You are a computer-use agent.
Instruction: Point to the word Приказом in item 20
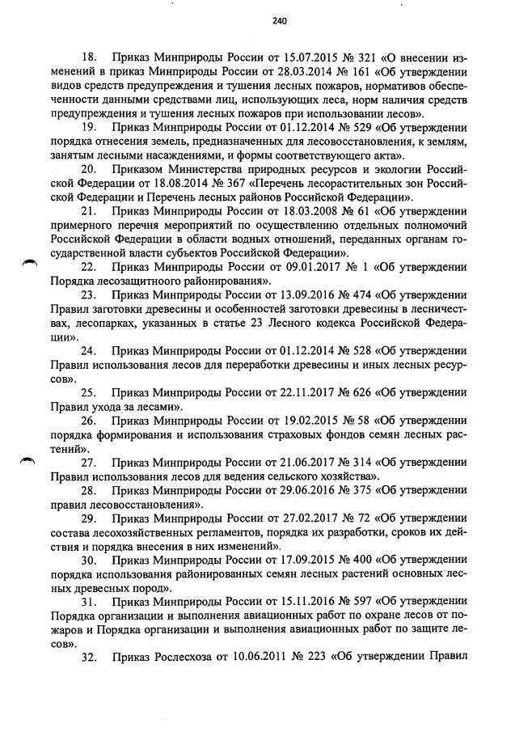point(141,169)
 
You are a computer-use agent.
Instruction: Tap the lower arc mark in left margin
point(29,459)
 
